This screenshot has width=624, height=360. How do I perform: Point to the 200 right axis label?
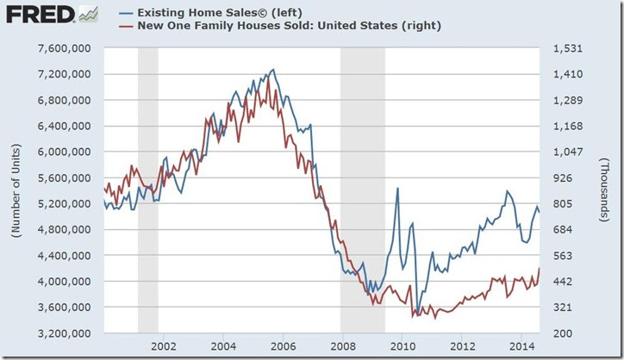coord(561,333)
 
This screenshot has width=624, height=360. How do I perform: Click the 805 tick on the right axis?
coord(561,203)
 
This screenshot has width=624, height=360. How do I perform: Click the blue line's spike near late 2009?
coord(397,188)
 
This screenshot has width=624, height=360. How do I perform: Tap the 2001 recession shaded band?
coord(147,189)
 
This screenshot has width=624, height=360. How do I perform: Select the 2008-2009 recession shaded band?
coord(362,189)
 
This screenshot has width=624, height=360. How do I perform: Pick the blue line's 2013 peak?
coord(507,190)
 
